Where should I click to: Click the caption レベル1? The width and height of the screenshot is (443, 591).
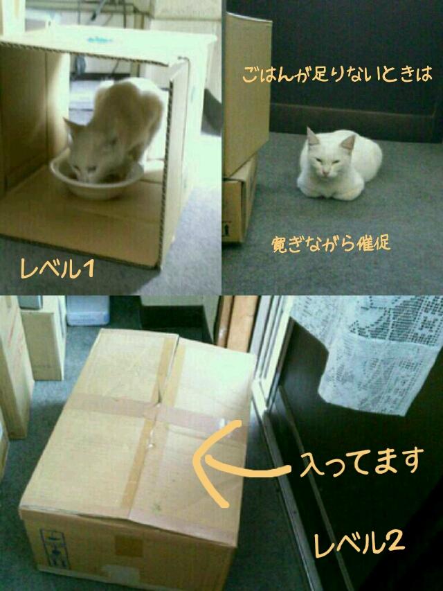pyautogui.click(x=57, y=269)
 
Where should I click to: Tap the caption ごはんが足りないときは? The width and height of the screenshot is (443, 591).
pyautogui.click(x=337, y=74)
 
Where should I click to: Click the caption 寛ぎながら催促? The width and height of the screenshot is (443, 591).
pyautogui.click(x=331, y=245)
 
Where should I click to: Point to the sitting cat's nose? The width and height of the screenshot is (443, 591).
pyautogui.click(x=326, y=170)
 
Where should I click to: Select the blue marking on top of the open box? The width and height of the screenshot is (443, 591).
pyautogui.click(x=99, y=39)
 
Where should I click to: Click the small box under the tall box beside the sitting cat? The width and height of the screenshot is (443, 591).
pyautogui.click(x=239, y=200)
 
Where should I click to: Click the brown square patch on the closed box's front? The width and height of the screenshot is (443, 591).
pyautogui.click(x=129, y=546)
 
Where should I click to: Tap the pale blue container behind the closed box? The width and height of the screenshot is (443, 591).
pyautogui.click(x=87, y=310)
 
